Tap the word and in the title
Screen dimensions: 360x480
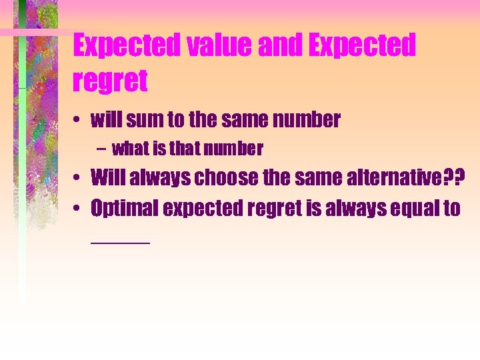click(x=275, y=46)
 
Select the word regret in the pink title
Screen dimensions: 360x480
click(x=110, y=81)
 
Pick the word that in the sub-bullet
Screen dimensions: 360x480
click(x=187, y=148)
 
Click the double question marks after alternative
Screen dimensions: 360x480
click(x=453, y=178)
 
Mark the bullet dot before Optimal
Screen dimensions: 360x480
click(x=79, y=209)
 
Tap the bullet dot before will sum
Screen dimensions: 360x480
click(x=79, y=121)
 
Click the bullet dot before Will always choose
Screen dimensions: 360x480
click(x=79, y=179)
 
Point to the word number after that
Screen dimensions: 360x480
click(x=237, y=148)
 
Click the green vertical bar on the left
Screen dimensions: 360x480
click(x=23, y=167)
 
